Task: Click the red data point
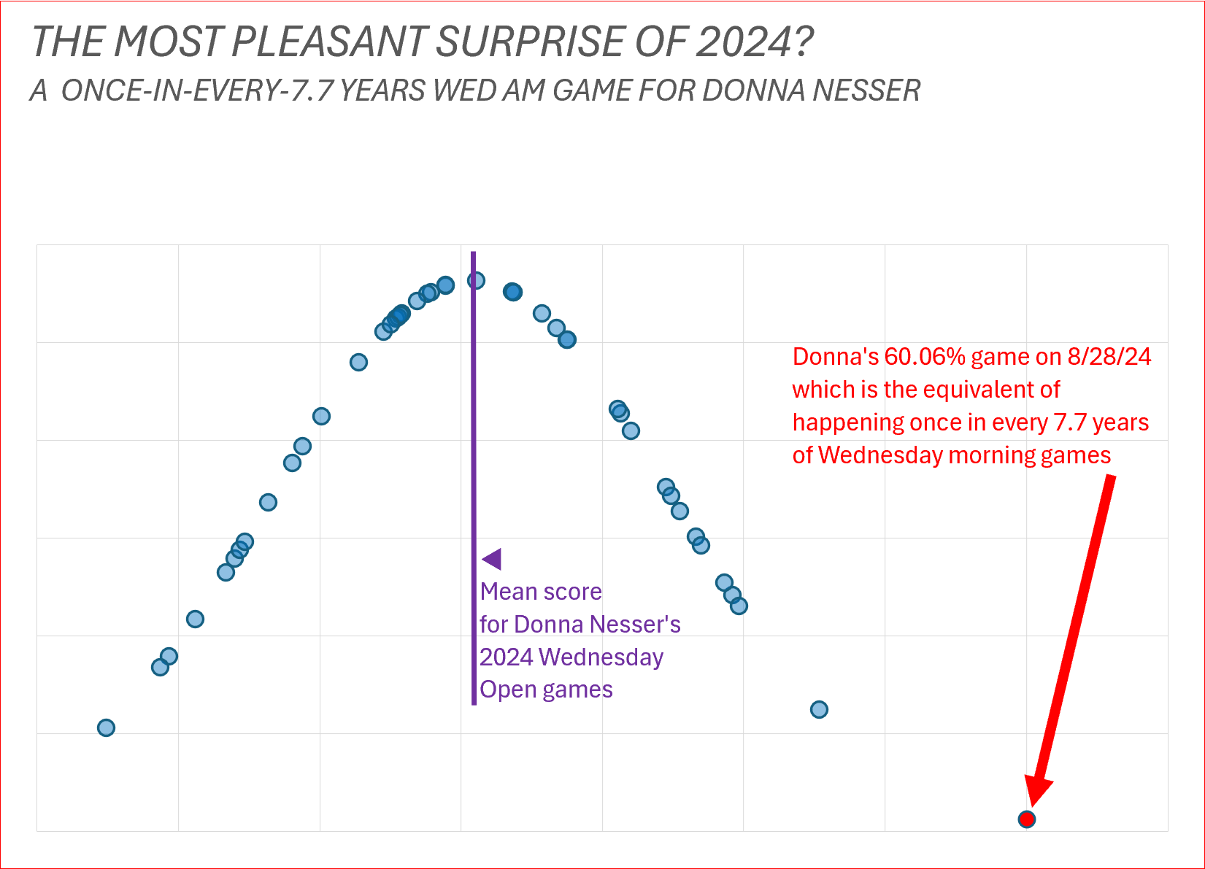pos(1027,819)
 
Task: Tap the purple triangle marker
pos(492,559)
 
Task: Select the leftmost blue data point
pos(106,727)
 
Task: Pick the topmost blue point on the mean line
pos(476,280)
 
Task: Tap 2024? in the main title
pos(754,42)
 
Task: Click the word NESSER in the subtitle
pos(866,90)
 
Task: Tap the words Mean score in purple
pos(541,592)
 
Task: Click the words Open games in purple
pos(546,690)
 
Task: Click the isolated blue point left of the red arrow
pos(819,709)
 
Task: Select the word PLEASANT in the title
pos(328,42)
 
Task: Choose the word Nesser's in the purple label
pos(635,625)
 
